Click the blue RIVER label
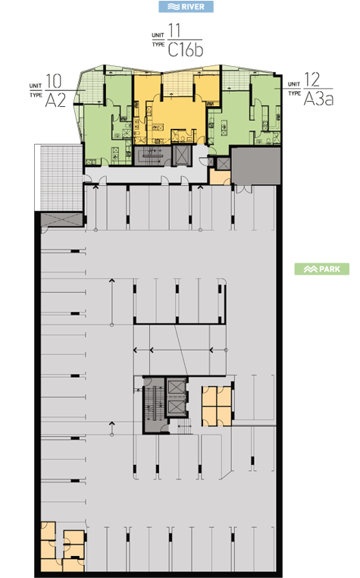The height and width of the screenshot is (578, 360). coord(186,7)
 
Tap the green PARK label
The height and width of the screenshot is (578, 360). coord(321,269)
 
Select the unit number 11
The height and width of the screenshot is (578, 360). coord(174,30)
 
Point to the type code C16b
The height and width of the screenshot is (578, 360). coord(186,49)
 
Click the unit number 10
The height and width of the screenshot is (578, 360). coord(54,81)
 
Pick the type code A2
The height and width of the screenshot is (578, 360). coord(55,99)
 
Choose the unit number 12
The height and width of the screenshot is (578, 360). coord(312,79)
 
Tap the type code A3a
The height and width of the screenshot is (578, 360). coord(318,98)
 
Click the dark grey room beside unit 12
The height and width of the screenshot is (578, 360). coord(256,165)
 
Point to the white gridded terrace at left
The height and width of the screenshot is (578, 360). coord(58,177)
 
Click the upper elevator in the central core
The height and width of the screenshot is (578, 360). coord(176,388)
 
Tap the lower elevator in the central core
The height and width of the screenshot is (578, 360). coord(176,407)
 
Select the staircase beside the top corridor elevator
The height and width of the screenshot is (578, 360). coord(152,155)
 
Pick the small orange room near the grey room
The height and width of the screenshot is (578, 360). coord(220,177)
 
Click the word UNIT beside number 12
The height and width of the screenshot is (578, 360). coord(293,84)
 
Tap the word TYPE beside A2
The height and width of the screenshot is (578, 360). coord(36,95)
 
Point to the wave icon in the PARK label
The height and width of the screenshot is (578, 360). coord(310,269)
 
